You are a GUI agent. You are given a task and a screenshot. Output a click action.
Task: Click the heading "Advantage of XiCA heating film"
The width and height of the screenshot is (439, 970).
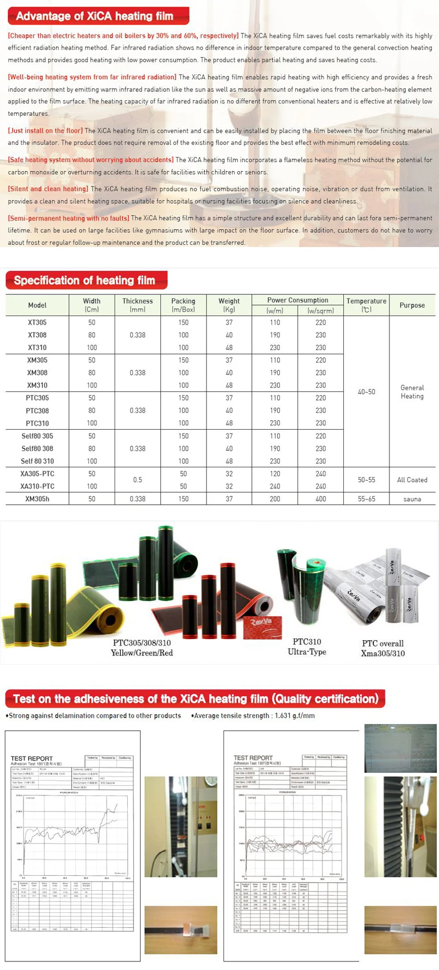coord(95,16)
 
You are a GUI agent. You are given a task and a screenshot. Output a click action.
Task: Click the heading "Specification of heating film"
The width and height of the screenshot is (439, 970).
coord(84,280)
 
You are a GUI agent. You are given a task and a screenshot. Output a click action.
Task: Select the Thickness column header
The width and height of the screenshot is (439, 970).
coord(137,305)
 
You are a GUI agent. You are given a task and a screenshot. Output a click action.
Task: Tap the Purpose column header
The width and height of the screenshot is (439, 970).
coord(412,305)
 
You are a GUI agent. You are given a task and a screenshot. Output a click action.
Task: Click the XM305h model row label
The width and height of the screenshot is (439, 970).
coord(37,499)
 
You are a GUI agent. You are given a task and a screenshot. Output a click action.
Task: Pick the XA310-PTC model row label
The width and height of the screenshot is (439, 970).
coord(37,486)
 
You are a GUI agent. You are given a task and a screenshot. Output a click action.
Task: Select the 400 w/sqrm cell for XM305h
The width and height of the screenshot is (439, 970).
coord(320,499)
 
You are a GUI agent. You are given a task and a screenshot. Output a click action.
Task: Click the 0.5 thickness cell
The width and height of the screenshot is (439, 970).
coord(137,480)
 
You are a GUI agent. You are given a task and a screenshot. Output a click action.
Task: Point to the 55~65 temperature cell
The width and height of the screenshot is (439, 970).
coord(366,499)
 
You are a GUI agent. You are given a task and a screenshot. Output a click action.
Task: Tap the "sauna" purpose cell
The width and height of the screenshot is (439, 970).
coord(412,499)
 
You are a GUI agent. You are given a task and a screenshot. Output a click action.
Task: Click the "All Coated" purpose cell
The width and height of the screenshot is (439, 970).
coord(412,480)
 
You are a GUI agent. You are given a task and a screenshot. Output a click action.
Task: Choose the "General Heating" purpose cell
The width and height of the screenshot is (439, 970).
coord(412,392)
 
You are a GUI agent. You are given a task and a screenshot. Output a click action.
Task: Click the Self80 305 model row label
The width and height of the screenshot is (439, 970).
coord(37,436)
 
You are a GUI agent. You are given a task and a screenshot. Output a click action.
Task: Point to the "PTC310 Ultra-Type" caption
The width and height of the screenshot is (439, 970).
coord(307,646)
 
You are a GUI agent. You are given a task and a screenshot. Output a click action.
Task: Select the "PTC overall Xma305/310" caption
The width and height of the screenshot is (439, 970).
coord(383,648)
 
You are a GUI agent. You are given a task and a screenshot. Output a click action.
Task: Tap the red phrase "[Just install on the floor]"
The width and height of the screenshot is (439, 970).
coord(45,131)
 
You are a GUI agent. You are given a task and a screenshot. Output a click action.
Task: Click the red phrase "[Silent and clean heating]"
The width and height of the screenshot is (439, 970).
coord(48,189)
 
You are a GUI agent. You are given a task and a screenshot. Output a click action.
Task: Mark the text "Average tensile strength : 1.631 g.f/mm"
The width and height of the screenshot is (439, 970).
coord(254,716)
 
